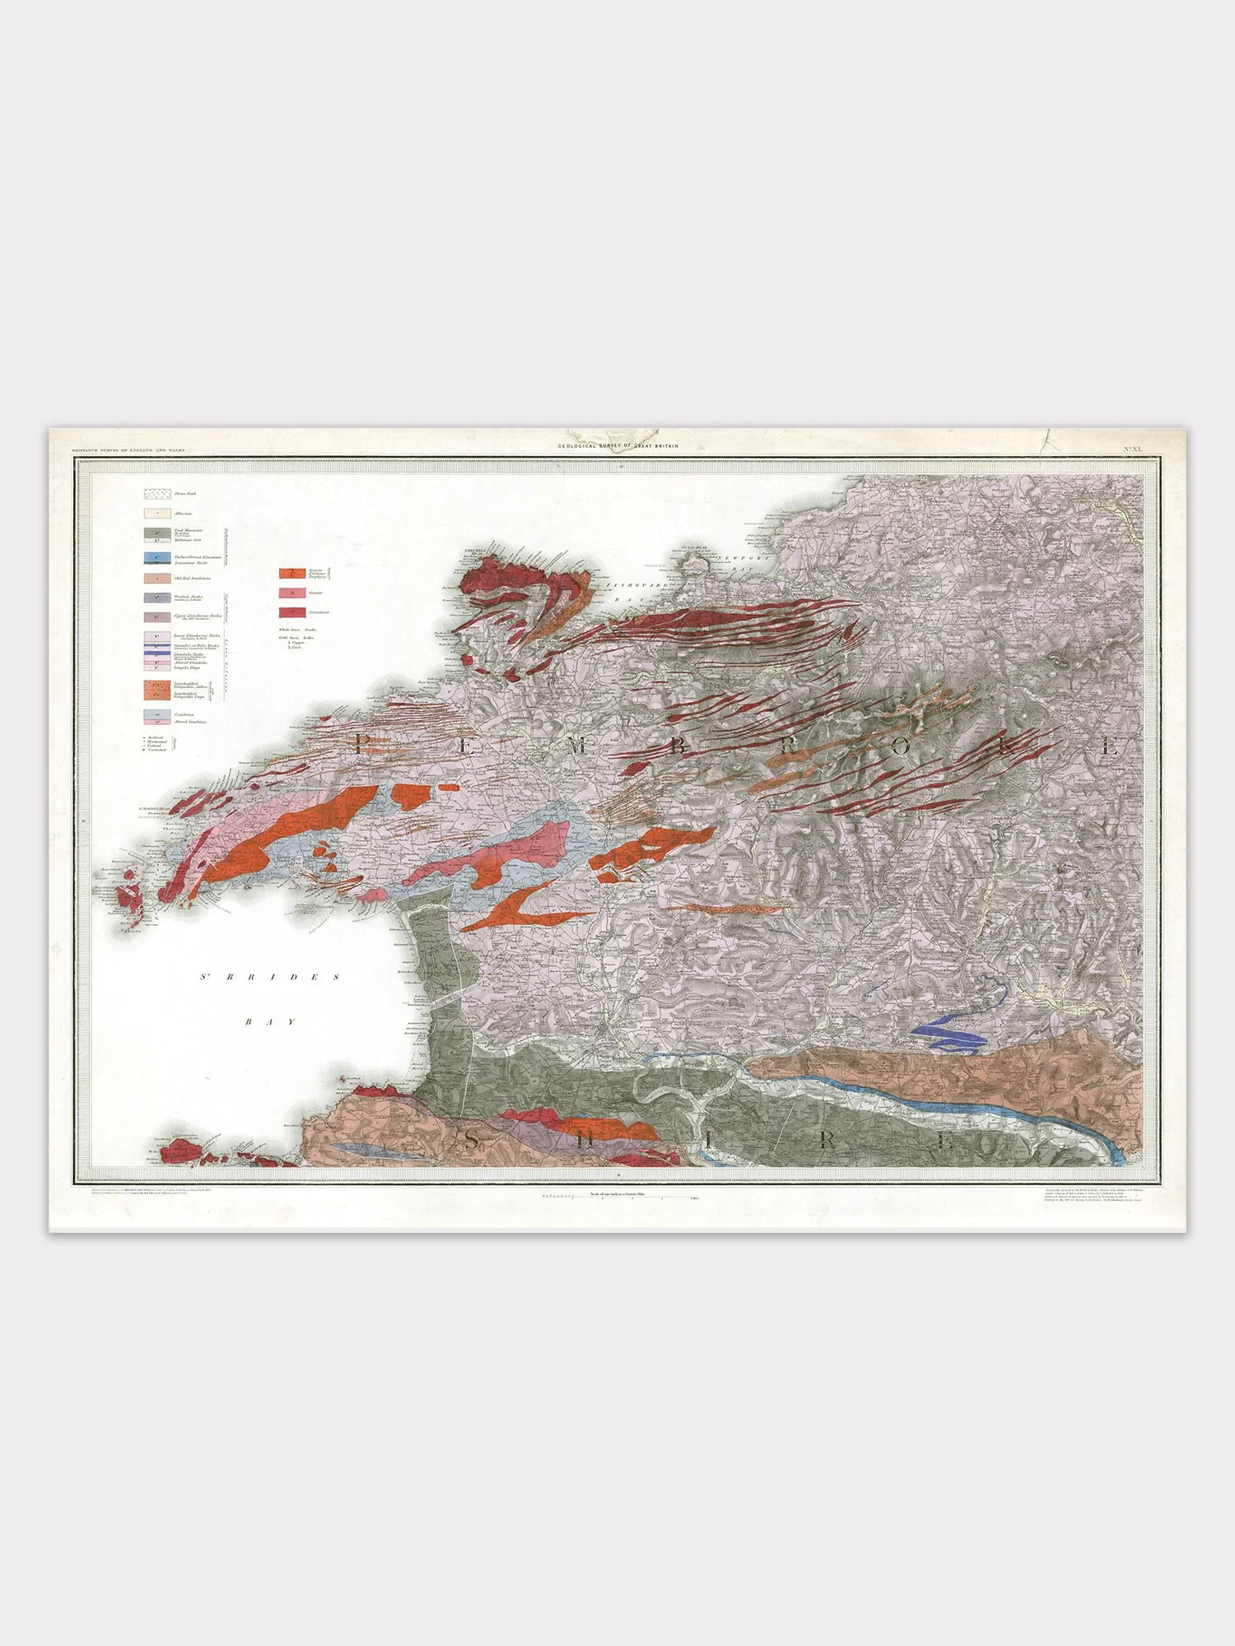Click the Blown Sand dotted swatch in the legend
click(x=157, y=495)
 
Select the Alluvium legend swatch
click(x=157, y=514)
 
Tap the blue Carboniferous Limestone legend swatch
click(x=157, y=557)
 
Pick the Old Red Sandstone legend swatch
click(x=157, y=579)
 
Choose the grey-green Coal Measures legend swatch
click(x=157, y=532)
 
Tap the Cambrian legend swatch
click(x=157, y=715)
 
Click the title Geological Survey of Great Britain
click(x=618, y=446)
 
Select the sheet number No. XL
click(x=1134, y=449)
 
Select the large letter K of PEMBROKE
click(x=1007, y=747)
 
